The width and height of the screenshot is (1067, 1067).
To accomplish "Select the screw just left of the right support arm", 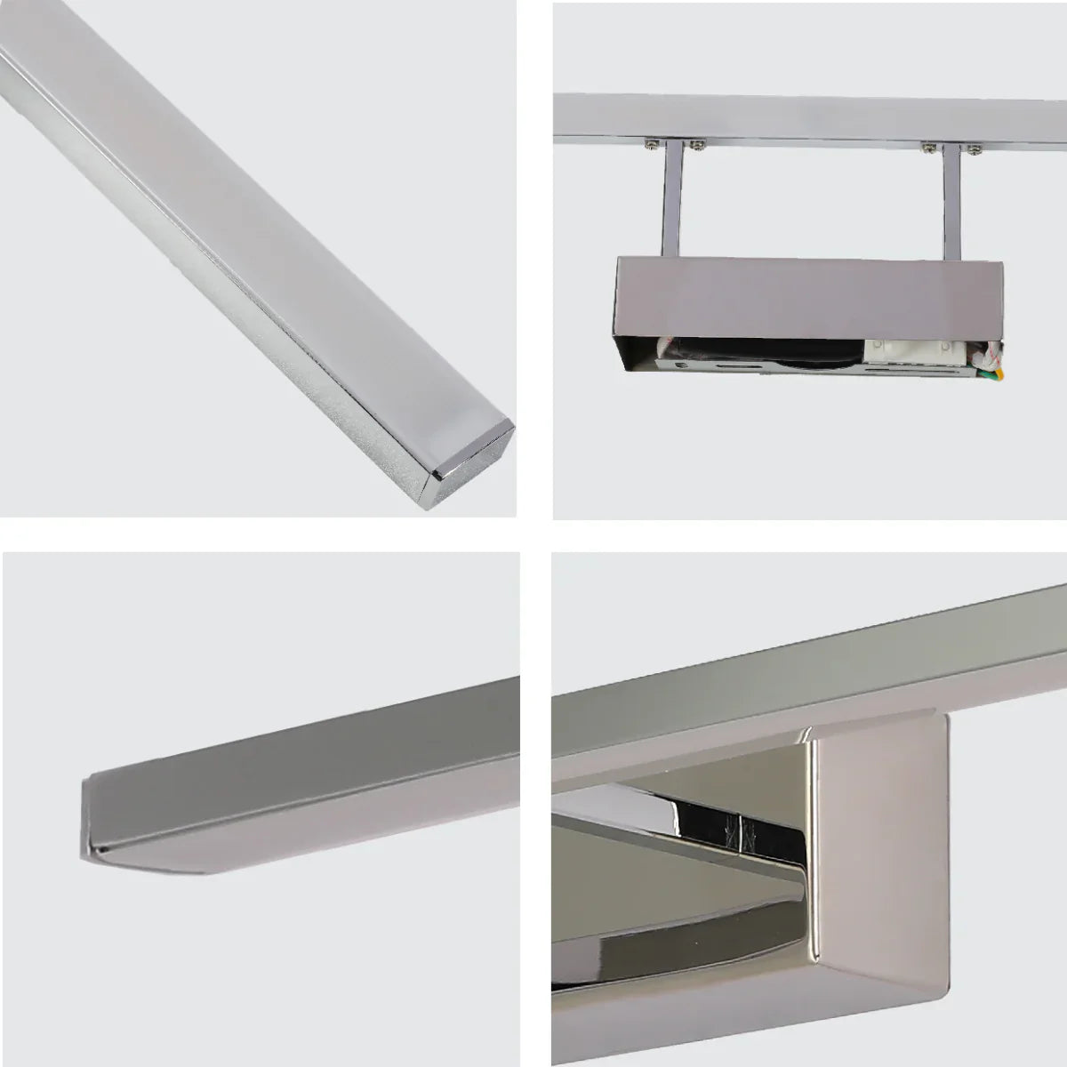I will click(x=928, y=143).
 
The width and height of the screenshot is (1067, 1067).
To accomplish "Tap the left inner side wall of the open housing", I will click(x=633, y=351).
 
